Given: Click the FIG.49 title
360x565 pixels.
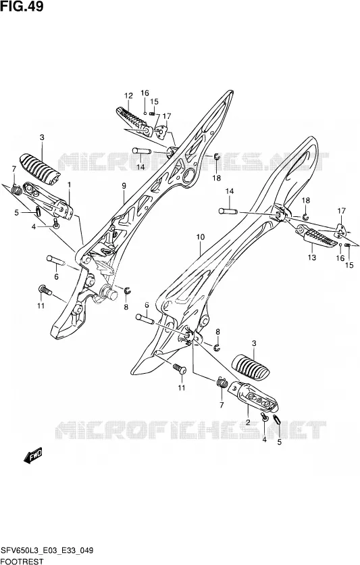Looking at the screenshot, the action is (22, 6).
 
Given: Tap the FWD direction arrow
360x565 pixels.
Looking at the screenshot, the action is (33, 456).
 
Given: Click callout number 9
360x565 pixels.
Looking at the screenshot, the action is (124, 186).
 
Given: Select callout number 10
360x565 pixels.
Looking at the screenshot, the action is (201, 237).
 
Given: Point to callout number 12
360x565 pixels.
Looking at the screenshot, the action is (128, 95).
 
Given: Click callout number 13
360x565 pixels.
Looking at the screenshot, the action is (312, 257).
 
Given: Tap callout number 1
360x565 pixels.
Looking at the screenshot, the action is (69, 184).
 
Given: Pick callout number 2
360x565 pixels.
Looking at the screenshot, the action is (248, 422).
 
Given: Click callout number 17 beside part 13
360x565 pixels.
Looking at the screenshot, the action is (341, 211).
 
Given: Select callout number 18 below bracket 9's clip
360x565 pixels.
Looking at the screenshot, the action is (216, 178).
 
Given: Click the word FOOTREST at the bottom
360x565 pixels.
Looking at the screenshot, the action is (22, 561).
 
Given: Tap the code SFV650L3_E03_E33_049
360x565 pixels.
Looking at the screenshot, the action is (47, 550).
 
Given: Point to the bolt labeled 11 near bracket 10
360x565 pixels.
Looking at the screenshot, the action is (179, 368).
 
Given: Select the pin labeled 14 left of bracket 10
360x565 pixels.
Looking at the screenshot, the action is (228, 211).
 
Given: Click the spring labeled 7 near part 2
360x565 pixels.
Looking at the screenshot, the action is (222, 383).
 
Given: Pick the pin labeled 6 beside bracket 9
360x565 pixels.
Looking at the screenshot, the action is (55, 260).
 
